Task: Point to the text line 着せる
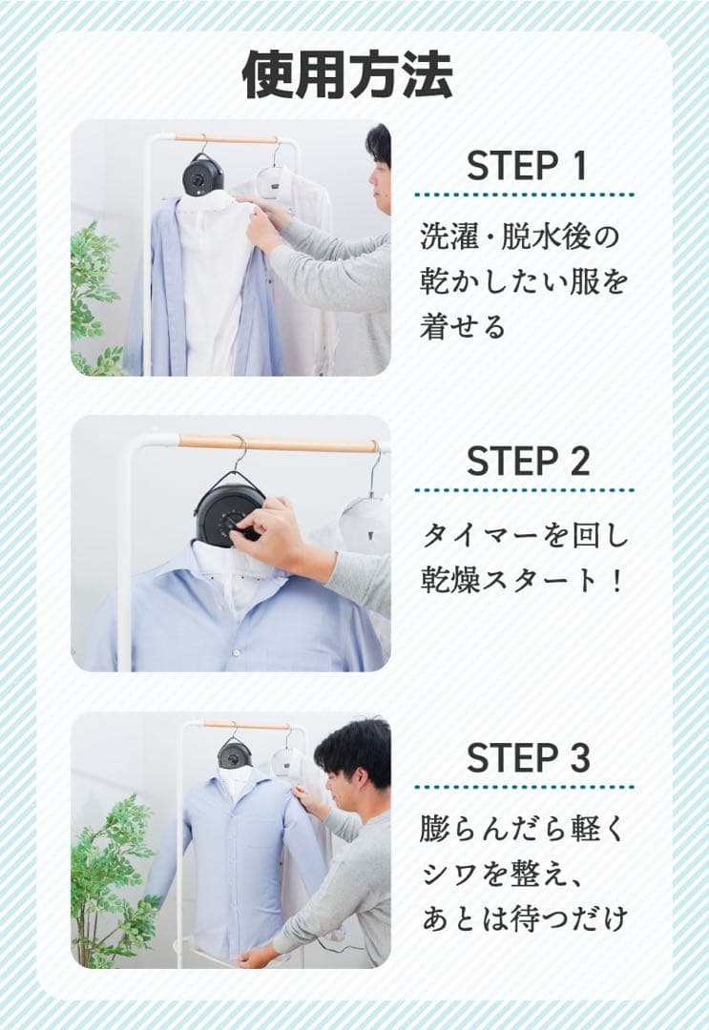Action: click(x=463, y=326)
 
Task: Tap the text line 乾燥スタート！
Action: click(x=525, y=581)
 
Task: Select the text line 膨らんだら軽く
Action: click(x=525, y=829)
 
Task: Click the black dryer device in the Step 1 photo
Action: click(x=203, y=175)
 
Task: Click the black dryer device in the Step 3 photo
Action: click(x=234, y=754)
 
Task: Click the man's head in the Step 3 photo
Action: click(x=355, y=758)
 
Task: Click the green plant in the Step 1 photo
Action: click(x=94, y=286)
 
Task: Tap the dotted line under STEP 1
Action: click(x=525, y=196)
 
